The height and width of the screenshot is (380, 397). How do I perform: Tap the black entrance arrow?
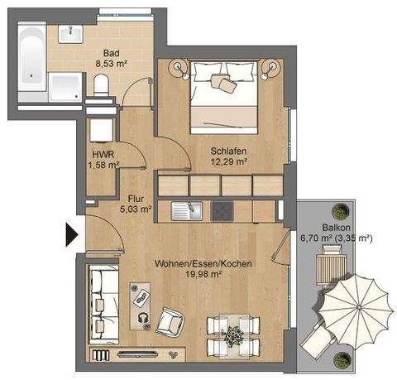point(71,235)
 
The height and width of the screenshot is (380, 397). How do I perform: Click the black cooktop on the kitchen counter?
point(222,211)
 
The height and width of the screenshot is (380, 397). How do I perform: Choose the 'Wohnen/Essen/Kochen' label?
point(203,264)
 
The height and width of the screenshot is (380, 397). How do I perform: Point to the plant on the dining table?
point(236,334)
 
